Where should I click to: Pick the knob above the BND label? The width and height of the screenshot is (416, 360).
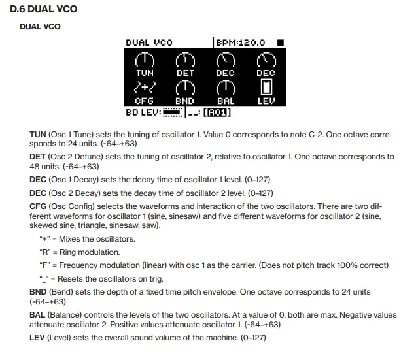click(x=186, y=88)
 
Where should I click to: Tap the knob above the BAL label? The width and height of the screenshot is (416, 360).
click(x=226, y=88)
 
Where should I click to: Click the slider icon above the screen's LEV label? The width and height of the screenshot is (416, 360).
click(x=266, y=87)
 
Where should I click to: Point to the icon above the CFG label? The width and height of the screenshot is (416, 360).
click(x=145, y=88)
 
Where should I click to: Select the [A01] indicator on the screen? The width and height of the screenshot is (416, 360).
click(x=217, y=112)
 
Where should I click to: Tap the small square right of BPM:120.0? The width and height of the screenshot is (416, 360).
click(x=280, y=42)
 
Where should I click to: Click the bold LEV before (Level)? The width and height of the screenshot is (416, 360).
click(x=38, y=338)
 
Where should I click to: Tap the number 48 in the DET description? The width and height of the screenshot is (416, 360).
click(x=35, y=167)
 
